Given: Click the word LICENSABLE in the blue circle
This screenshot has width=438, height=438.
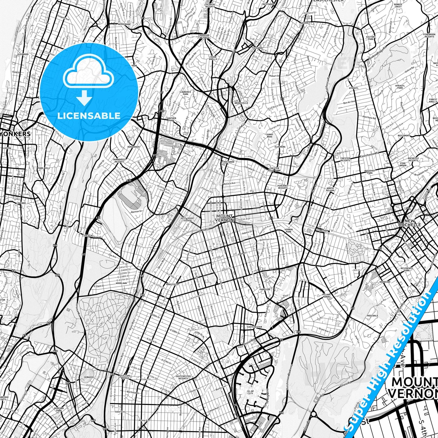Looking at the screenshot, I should pyautogui.click(x=89, y=115).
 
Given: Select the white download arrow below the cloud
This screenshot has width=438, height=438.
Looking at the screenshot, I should pyautogui.click(x=85, y=99).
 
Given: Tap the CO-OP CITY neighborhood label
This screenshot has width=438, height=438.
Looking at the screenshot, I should pyautogui.click(x=250, y=392).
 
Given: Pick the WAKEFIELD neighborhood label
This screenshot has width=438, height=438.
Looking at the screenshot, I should pyautogui.click(x=172, y=284).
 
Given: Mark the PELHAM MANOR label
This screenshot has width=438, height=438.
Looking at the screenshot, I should pyautogui.click(x=326, y=296).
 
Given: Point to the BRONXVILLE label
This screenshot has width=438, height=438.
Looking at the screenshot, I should pyautogui.click(x=241, y=103).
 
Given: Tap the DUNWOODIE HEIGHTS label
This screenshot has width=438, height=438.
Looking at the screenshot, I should pyautogui.click(x=119, y=160).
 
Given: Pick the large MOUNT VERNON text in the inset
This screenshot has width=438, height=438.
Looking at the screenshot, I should pyautogui.click(x=414, y=388).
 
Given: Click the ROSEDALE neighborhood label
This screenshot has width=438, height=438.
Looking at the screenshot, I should pyautogui.click(x=373, y=316).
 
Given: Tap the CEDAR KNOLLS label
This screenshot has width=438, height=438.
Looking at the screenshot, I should pyautogui.click(x=213, y=58).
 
